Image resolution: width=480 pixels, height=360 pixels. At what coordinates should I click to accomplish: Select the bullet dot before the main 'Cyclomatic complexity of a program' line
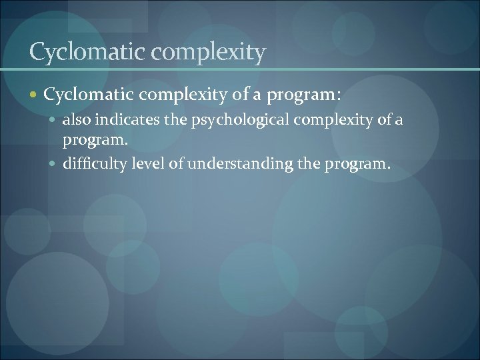tap(35, 95)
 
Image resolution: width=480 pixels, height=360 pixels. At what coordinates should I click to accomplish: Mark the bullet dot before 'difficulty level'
tap(55, 162)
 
